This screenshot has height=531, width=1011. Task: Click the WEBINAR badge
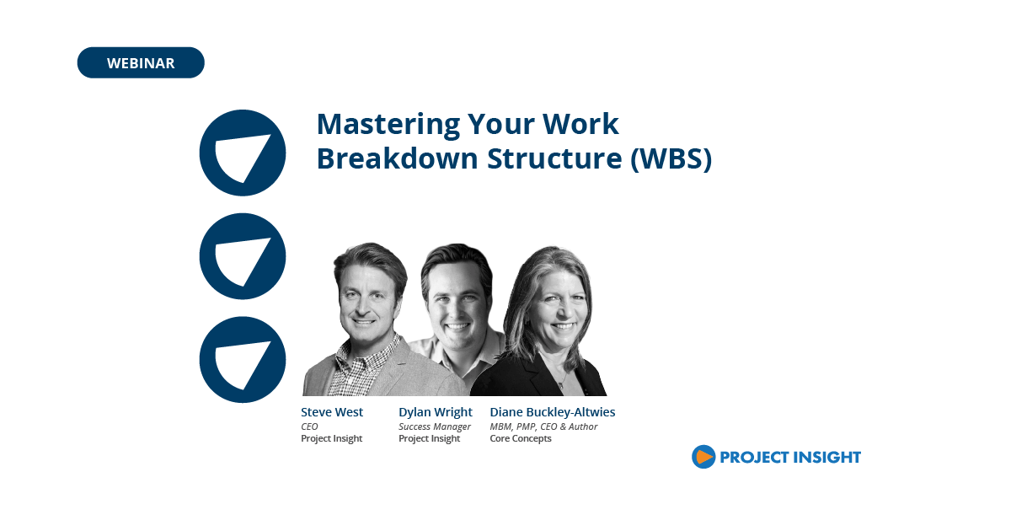point(141,63)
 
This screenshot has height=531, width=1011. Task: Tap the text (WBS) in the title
point(671,158)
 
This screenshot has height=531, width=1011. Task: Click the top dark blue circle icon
point(243,153)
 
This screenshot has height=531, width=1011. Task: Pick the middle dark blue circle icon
point(243,256)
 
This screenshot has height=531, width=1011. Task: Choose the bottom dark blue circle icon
point(243,360)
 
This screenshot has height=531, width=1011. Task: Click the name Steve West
point(332,412)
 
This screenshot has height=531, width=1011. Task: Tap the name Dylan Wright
point(436,412)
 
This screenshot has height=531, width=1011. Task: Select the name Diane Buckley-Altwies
point(553,412)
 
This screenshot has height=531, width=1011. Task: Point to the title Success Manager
point(435,426)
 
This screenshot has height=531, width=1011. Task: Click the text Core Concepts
point(521,438)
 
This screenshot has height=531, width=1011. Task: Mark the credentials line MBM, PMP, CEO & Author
point(543,426)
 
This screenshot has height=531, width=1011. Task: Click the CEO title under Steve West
point(309,426)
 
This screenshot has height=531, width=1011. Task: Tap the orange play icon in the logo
point(703,457)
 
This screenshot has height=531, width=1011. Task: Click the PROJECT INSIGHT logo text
point(789,458)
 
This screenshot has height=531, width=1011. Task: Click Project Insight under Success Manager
point(430,438)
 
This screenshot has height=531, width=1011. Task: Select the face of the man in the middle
point(455,302)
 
